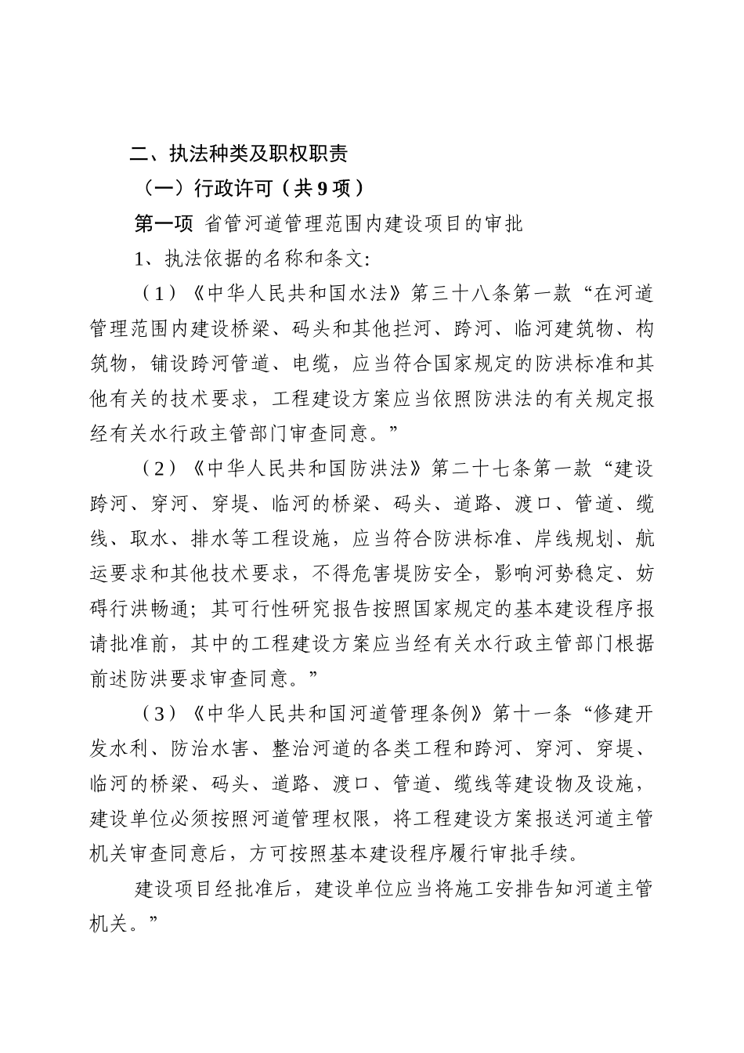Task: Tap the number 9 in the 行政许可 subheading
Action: (x=323, y=188)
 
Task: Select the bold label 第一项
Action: (x=164, y=224)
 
